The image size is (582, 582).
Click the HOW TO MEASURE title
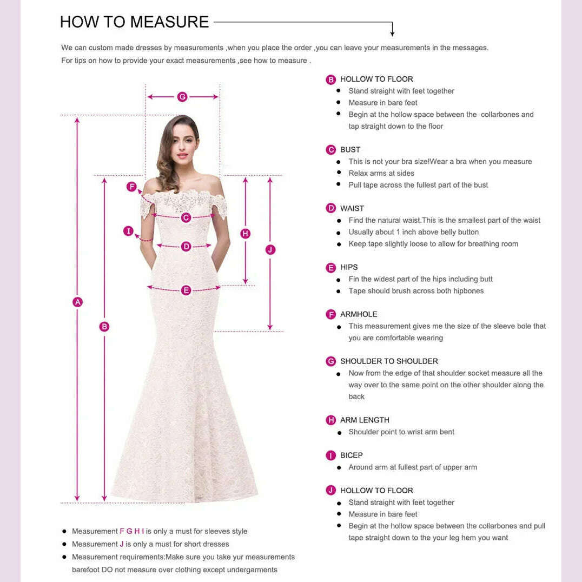pyautogui.click(x=134, y=22)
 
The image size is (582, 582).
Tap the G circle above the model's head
pyautogui.click(x=182, y=97)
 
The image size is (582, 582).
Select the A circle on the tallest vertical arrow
pyautogui.click(x=77, y=302)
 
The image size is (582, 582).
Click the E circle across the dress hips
pyautogui.click(x=186, y=290)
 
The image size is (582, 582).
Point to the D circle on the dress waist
pyautogui.click(x=186, y=247)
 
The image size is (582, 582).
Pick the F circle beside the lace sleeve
pyautogui.click(x=131, y=187)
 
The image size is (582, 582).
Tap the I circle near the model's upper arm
pyautogui.click(x=128, y=231)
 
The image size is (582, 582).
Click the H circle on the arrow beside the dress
pyautogui.click(x=246, y=234)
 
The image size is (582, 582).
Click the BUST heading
pyautogui.click(x=350, y=150)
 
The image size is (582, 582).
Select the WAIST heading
pyautogui.click(x=352, y=208)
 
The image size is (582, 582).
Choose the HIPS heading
pyautogui.click(x=349, y=267)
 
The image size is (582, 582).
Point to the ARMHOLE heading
pyautogui.click(x=359, y=314)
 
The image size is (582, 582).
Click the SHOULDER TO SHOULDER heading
pyautogui.click(x=389, y=361)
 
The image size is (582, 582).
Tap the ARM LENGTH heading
pyautogui.click(x=365, y=420)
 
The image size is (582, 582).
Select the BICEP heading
pyautogui.click(x=352, y=455)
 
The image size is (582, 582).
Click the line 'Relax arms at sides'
pyautogui.click(x=381, y=173)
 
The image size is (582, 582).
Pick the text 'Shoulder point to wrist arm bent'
pyautogui.click(x=401, y=432)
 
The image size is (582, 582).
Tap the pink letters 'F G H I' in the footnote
pyautogui.click(x=132, y=531)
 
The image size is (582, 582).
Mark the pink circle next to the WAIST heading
pyautogui.click(x=331, y=208)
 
